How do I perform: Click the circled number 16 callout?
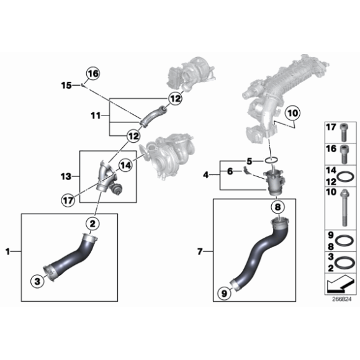(92, 73)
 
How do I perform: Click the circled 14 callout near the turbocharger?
(125, 164)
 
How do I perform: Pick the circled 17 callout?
(67, 199)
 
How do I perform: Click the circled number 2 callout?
(91, 223)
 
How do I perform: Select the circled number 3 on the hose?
(38, 281)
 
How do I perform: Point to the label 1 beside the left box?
(9, 251)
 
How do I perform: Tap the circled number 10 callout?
(292, 114)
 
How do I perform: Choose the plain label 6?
(230, 171)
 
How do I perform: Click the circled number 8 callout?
(278, 207)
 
